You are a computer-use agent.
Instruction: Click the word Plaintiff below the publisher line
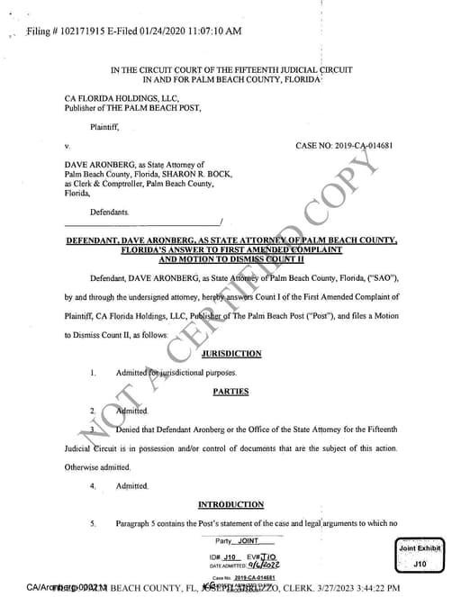tap(106, 127)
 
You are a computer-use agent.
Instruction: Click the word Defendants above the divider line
tap(108, 212)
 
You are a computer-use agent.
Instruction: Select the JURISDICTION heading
tap(231, 354)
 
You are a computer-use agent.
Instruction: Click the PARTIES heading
tap(230, 392)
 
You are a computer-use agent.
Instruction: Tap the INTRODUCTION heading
tap(230, 504)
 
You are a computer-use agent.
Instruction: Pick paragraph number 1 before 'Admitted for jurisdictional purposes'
tap(93, 373)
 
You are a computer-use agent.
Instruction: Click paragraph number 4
tap(93, 486)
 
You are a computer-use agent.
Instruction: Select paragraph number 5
tap(93, 523)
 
